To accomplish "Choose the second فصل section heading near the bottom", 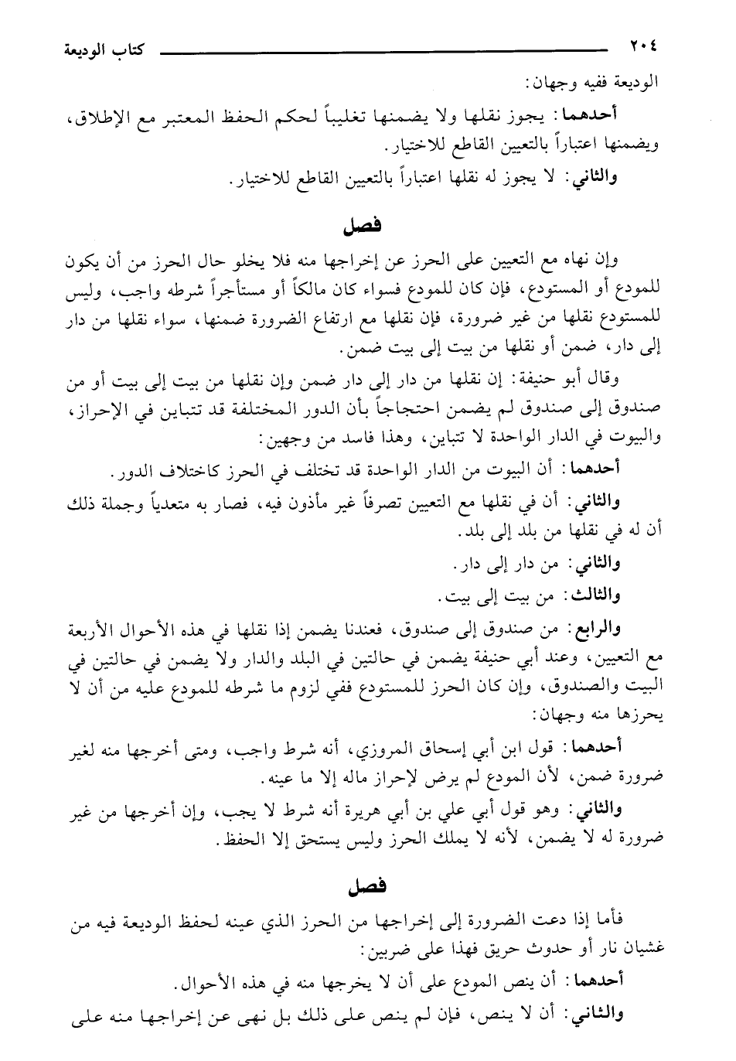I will (x=363, y=885).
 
